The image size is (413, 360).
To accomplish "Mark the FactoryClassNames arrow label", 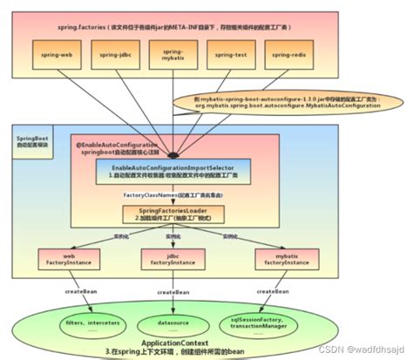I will pyautogui.click(x=164, y=194).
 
